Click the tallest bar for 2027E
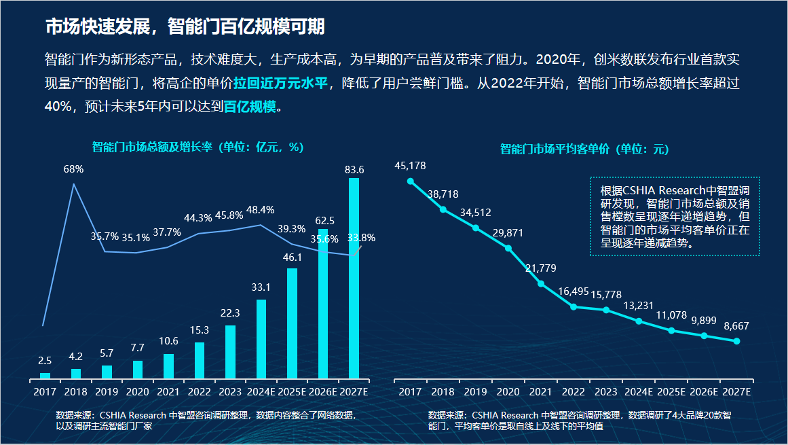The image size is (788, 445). pyautogui.click(x=354, y=279)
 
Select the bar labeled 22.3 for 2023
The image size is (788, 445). pyautogui.click(x=230, y=352)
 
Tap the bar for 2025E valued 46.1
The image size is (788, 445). pyautogui.click(x=292, y=323)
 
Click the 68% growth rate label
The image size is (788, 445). pyautogui.click(x=73, y=168)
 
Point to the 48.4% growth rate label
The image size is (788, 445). pyautogui.click(x=261, y=210)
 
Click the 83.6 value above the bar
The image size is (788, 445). pyautogui.click(x=354, y=169)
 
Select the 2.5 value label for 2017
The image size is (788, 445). pyautogui.click(x=45, y=361)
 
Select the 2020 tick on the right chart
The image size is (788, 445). pyautogui.click(x=508, y=392)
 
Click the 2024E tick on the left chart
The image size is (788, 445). pyautogui.click(x=261, y=392)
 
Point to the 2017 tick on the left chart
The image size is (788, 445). pyautogui.click(x=45, y=392)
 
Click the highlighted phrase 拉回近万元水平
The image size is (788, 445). pyautogui.click(x=280, y=84)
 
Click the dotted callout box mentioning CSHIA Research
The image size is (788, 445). pyautogui.click(x=675, y=216)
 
